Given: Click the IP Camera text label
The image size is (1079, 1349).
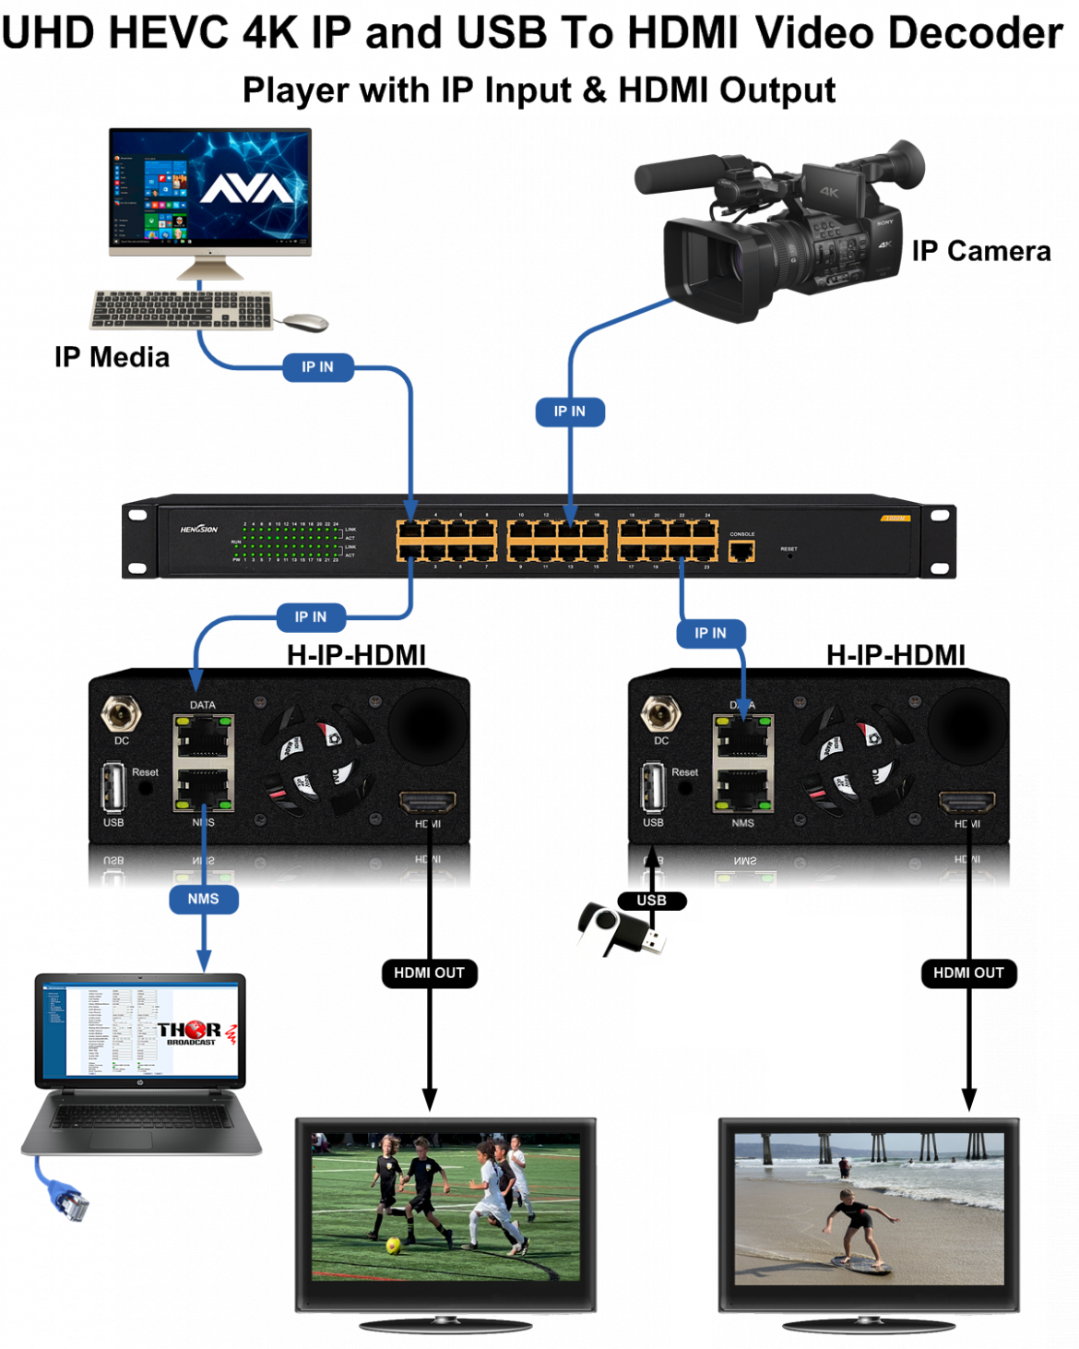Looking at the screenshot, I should [x=981, y=251].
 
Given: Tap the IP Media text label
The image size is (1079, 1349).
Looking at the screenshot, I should [x=112, y=357].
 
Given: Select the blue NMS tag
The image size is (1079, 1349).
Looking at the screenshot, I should [x=204, y=899].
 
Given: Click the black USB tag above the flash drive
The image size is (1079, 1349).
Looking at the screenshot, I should [x=651, y=901].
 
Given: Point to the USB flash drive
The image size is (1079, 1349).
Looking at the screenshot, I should [x=621, y=930].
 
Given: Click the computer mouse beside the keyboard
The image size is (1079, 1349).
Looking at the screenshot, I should [x=305, y=322].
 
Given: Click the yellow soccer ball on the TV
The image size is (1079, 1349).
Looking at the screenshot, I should [x=394, y=1246].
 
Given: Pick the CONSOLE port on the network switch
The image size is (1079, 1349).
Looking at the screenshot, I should [x=741, y=551].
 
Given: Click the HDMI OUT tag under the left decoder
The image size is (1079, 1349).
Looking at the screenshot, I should [x=430, y=973].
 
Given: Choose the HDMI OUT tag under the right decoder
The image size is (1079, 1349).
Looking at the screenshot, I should [x=968, y=973].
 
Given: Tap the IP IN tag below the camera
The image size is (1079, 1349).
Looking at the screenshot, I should [x=570, y=412].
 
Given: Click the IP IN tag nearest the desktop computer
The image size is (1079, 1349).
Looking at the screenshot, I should [x=318, y=367].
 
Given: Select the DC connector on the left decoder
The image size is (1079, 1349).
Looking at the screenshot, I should [x=121, y=714].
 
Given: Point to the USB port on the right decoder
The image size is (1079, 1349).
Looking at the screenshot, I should [x=653, y=787].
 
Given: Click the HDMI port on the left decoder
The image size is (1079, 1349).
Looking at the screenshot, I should [x=427, y=801].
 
